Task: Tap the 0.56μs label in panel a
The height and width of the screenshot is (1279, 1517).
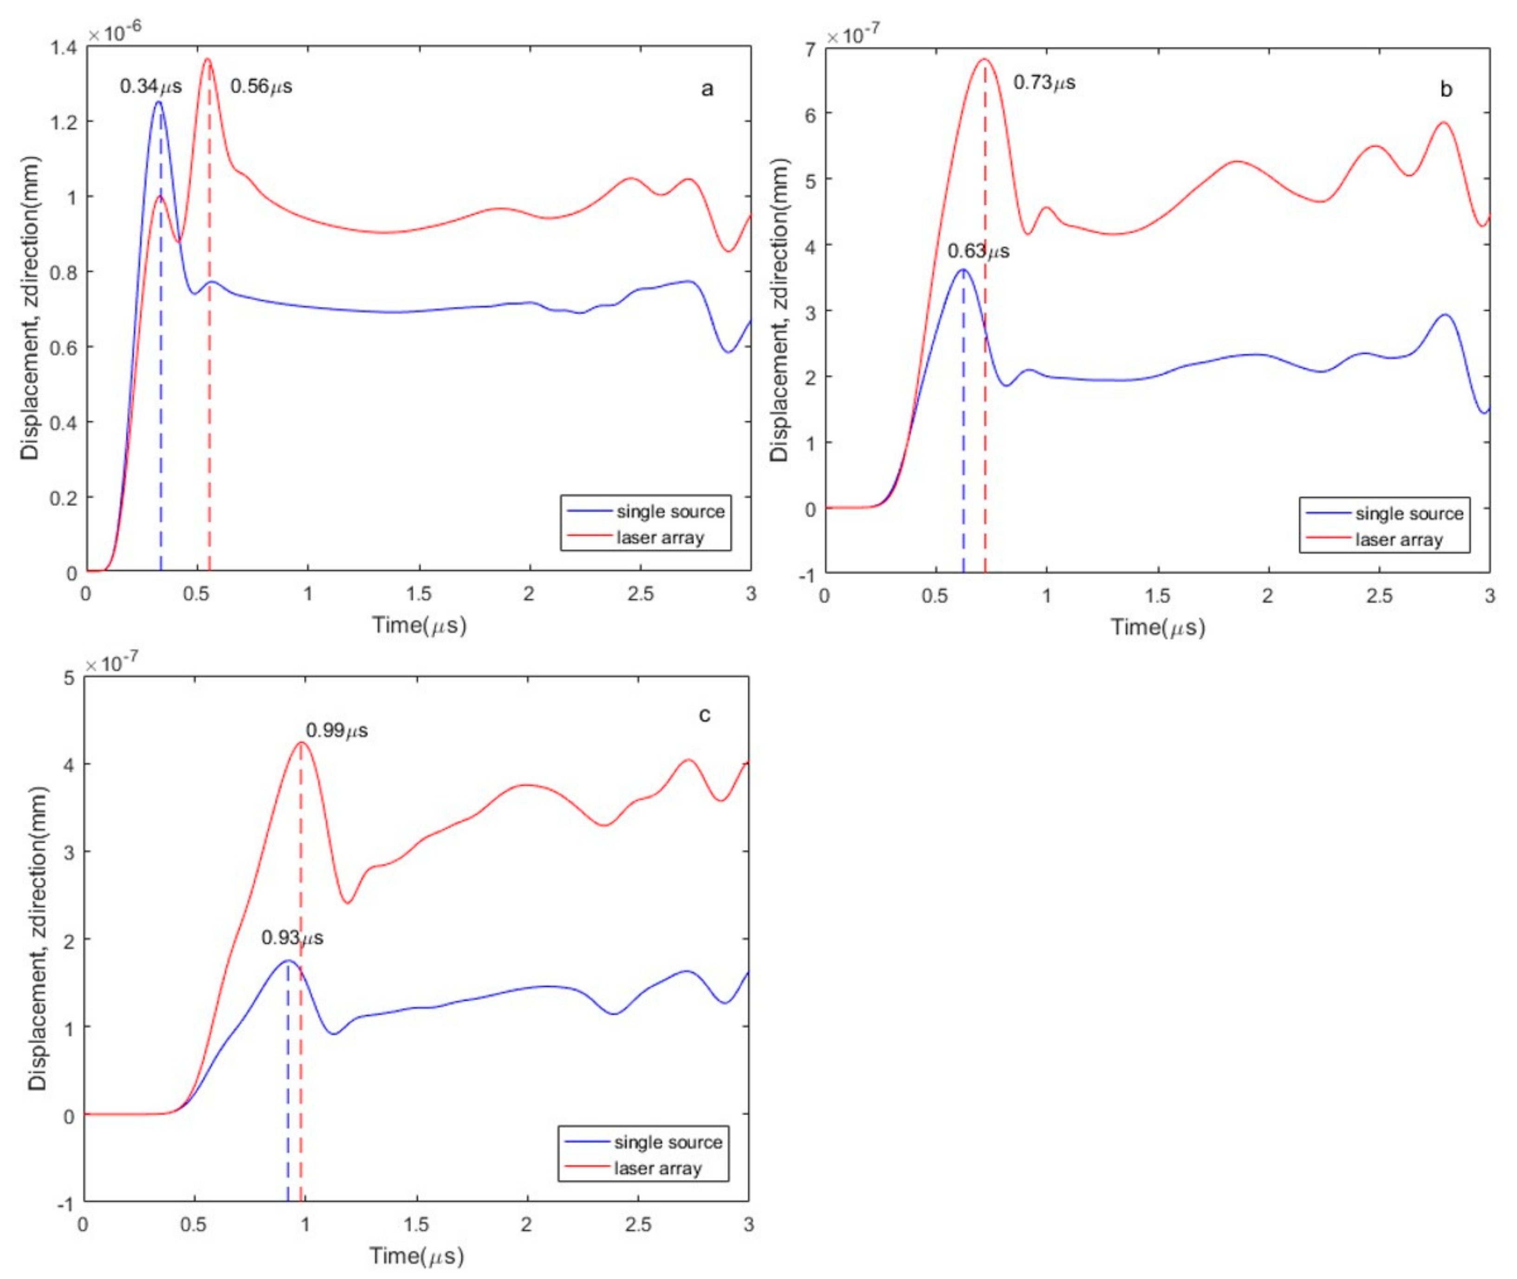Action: pyautogui.click(x=261, y=86)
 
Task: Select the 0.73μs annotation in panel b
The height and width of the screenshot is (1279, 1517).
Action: pyautogui.click(x=1044, y=83)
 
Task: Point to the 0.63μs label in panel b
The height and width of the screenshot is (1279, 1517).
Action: pyautogui.click(x=978, y=251)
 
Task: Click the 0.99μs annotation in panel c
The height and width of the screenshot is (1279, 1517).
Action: pyautogui.click(x=337, y=730)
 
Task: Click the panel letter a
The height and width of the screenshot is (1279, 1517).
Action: pyautogui.click(x=707, y=89)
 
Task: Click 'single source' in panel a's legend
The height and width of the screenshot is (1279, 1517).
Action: pyautogui.click(x=670, y=512)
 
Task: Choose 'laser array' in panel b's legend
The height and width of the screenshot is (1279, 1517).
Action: pyautogui.click(x=1399, y=539)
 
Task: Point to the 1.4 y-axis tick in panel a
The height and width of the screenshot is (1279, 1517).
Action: pyautogui.click(x=64, y=47)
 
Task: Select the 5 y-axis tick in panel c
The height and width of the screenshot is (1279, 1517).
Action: pyautogui.click(x=69, y=678)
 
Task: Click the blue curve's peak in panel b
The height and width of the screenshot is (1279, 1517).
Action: pyautogui.click(x=963, y=270)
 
